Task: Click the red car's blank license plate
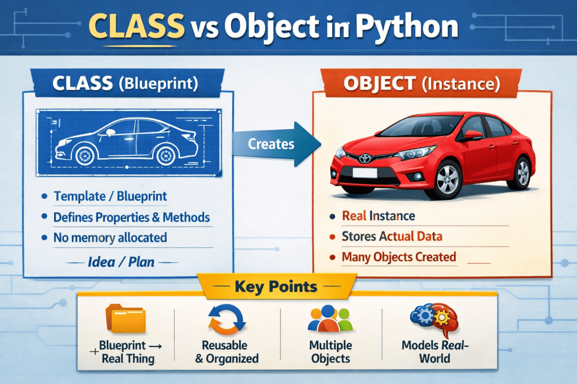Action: click(x=364, y=173)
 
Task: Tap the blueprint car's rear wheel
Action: click(x=166, y=154)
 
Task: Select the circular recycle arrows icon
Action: click(x=226, y=318)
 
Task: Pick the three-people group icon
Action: click(x=330, y=318)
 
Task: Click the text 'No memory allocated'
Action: click(x=110, y=238)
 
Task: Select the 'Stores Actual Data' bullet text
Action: click(x=392, y=236)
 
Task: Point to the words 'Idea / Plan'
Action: click(x=122, y=261)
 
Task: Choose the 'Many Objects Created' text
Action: click(x=399, y=257)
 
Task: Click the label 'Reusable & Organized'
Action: click(x=227, y=352)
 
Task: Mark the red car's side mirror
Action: click(x=472, y=135)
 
